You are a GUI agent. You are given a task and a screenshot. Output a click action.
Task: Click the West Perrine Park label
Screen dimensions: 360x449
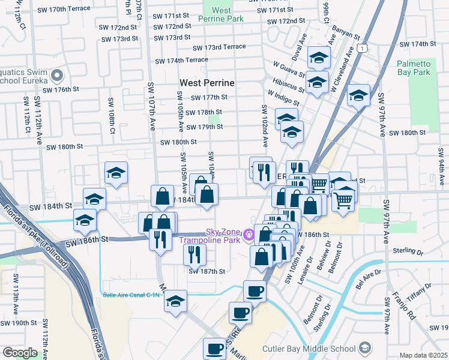point(221,14)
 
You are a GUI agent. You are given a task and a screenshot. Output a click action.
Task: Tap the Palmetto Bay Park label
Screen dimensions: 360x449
point(414,68)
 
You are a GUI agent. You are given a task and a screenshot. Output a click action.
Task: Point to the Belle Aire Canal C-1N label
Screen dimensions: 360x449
point(131,295)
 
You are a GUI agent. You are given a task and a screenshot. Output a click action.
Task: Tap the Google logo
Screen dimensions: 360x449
point(20,352)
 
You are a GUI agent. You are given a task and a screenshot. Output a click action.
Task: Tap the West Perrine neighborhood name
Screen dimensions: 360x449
point(206,82)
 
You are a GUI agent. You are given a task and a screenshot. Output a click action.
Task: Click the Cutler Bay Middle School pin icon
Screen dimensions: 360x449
point(364,349)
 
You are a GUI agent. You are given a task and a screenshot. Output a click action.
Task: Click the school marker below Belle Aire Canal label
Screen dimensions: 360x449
point(175,301)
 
